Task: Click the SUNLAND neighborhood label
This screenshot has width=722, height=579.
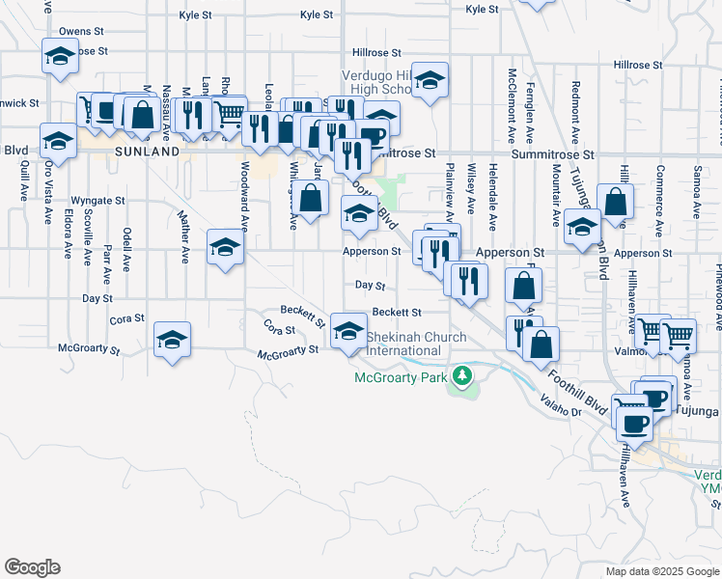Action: click(147, 152)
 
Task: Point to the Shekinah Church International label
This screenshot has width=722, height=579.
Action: click(416, 344)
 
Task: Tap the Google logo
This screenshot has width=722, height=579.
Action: click(32, 567)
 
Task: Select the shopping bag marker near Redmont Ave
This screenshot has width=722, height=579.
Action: click(616, 202)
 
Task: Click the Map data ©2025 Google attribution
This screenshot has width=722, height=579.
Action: click(663, 571)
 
